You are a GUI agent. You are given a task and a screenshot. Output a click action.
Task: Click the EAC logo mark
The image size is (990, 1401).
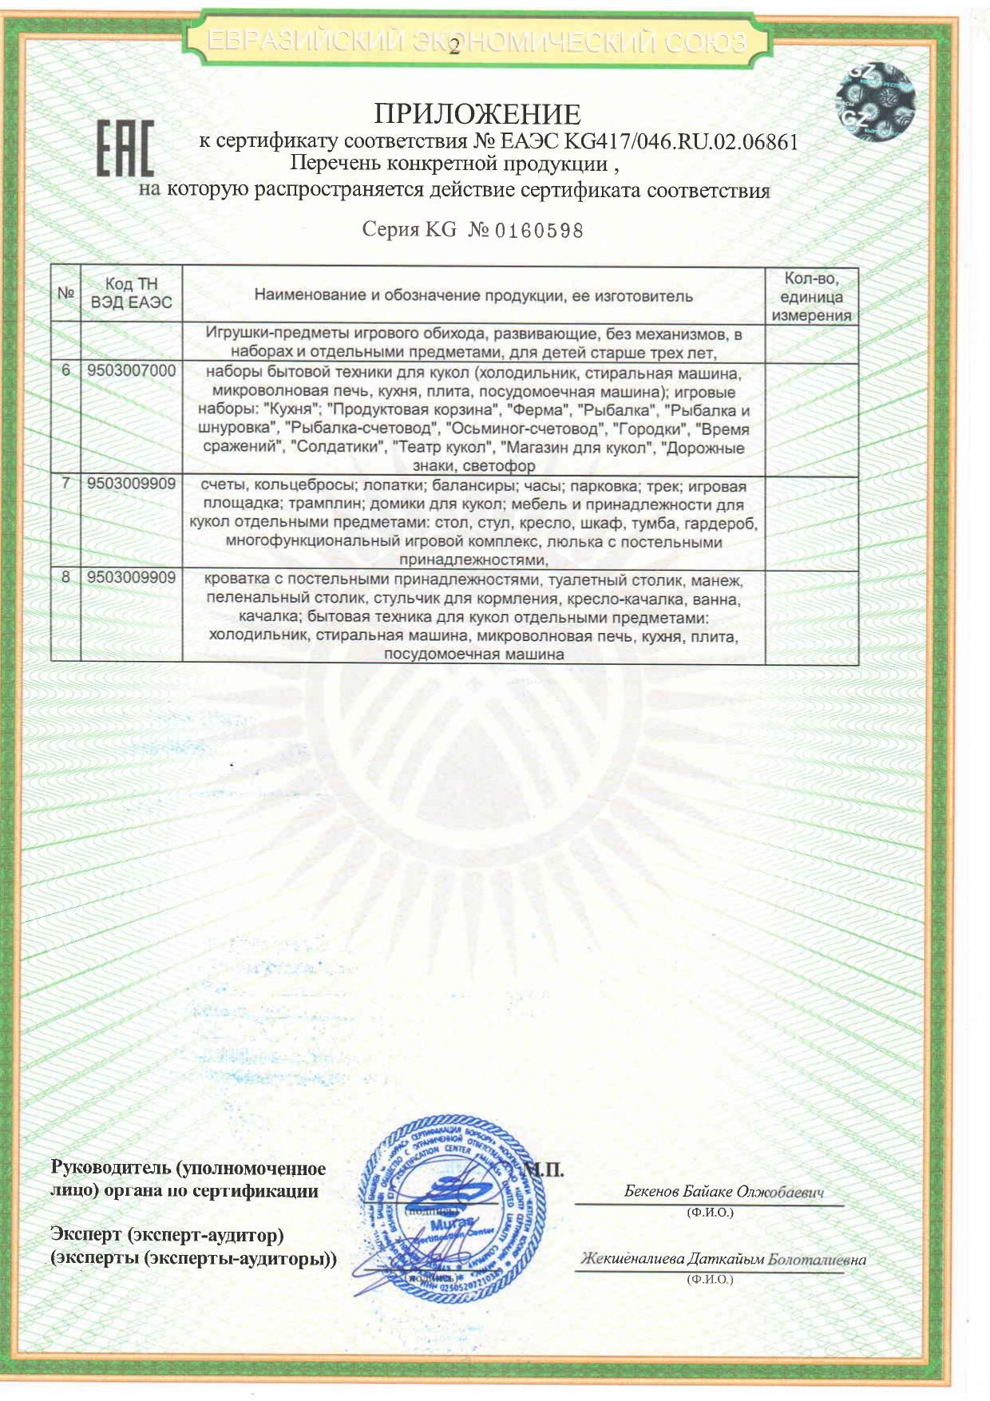(x=125, y=148)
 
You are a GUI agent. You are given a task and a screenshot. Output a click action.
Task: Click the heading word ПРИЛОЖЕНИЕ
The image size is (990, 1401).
(x=477, y=114)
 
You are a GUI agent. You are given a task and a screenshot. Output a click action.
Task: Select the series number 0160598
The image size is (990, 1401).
(x=540, y=232)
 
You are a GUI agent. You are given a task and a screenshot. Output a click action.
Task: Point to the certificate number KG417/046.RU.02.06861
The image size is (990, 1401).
(x=680, y=142)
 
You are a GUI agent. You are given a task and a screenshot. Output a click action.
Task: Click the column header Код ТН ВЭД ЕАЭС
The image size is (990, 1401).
(x=132, y=293)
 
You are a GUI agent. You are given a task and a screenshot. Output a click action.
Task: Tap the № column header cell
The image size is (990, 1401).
(x=66, y=293)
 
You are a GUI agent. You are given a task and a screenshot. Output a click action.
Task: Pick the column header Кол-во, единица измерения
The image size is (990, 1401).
(x=811, y=296)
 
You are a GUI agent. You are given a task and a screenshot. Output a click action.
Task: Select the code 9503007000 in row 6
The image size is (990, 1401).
(x=132, y=371)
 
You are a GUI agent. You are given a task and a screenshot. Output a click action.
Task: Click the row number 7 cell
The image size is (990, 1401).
(x=66, y=484)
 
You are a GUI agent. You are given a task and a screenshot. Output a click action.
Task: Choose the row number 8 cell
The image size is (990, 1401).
(x=66, y=577)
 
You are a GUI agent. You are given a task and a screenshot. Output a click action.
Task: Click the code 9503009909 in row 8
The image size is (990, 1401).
(x=132, y=577)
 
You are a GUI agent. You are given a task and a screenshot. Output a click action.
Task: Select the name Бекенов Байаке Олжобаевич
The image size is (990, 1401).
(x=723, y=1192)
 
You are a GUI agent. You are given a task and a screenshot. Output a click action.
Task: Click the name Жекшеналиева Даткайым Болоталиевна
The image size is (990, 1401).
(x=723, y=1260)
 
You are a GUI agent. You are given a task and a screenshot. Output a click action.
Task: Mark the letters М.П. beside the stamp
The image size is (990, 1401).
(x=545, y=1170)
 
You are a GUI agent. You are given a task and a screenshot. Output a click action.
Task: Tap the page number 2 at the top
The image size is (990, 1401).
(x=454, y=49)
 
